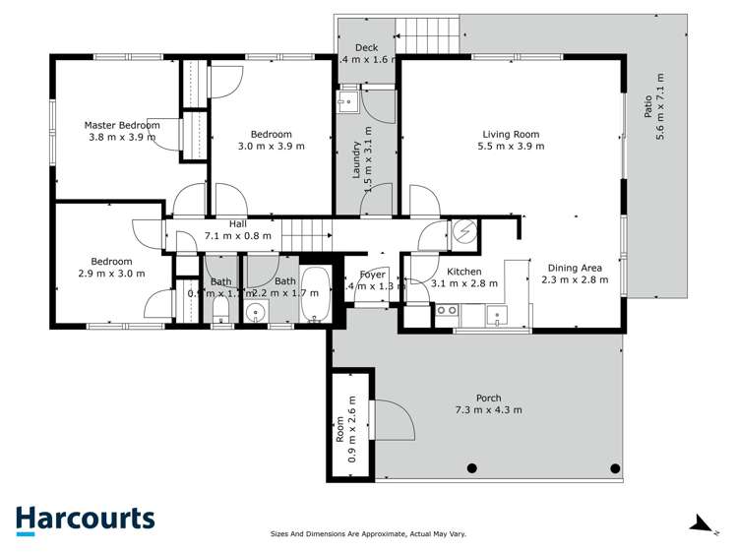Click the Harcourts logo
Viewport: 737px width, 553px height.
(85, 520)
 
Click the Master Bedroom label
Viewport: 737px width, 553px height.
(121, 125)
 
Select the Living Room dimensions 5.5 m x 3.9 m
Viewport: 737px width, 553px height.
(511, 147)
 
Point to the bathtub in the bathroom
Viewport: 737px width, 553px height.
(316, 296)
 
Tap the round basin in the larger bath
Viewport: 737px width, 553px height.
(255, 314)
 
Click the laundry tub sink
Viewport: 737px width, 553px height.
(347, 102)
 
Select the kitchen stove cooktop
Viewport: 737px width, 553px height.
(446, 311)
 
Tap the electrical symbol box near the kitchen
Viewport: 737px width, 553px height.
(462, 232)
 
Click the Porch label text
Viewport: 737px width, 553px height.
(488, 398)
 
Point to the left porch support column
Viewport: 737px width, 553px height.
(473, 467)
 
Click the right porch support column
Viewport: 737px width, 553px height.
(615, 467)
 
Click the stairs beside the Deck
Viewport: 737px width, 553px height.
(427, 36)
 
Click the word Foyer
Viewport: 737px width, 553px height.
(372, 275)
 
